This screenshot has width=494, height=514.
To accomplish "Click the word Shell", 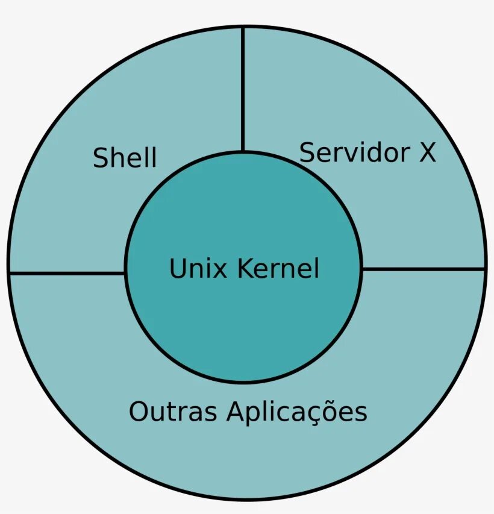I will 125,158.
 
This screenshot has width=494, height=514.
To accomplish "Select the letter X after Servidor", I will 427,153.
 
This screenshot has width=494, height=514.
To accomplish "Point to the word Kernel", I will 278,268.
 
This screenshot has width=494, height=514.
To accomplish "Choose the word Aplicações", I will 297,412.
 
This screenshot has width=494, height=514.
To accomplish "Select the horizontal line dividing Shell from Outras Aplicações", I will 67,274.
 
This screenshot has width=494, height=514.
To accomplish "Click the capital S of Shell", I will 100,158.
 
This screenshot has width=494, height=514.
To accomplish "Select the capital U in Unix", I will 176,268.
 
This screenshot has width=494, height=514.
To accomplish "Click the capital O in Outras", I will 138,412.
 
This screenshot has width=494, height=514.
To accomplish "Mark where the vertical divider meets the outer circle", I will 243,27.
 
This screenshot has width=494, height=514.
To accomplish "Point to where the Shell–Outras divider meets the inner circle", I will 125,274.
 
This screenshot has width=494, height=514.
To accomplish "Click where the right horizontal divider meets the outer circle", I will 485,269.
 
